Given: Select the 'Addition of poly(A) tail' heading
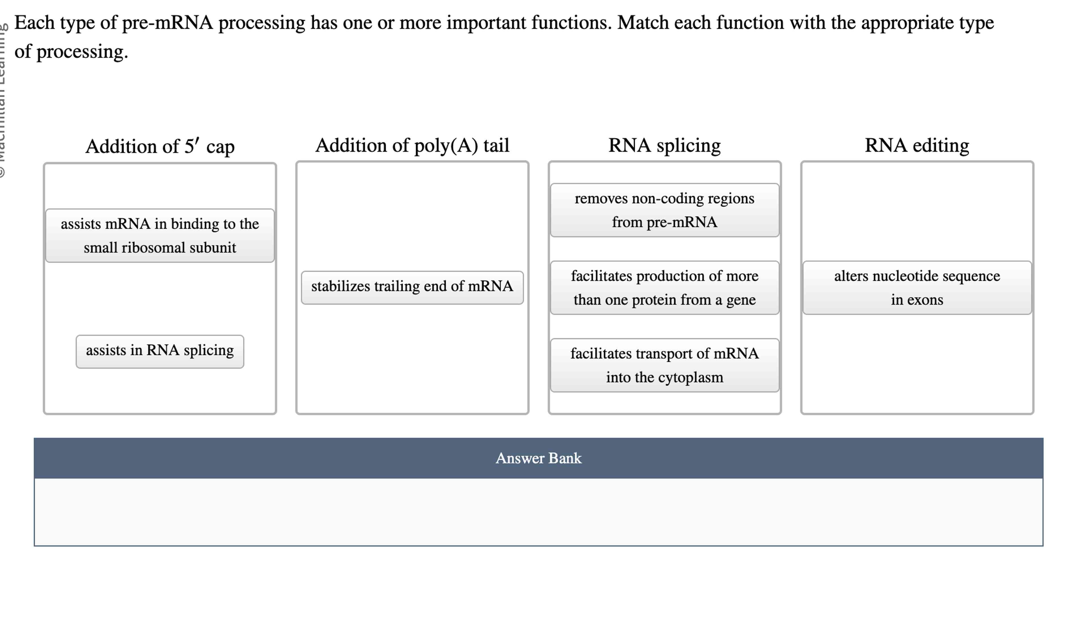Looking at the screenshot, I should click(412, 145).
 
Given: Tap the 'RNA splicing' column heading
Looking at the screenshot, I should click(664, 145).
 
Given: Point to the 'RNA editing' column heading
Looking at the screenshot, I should click(917, 145).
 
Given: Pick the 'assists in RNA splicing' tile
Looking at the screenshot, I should click(160, 351).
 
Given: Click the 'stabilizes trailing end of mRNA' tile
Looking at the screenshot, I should click(412, 287).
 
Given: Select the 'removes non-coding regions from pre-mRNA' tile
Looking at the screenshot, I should click(664, 210).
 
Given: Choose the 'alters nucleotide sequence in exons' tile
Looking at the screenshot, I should click(917, 288).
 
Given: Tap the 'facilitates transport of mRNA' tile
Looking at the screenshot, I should click(664, 365).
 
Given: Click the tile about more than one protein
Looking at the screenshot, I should click(664, 288).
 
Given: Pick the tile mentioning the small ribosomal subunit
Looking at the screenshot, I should click(160, 235).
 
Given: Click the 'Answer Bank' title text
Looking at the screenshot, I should click(538, 458).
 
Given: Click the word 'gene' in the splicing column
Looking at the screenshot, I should click(741, 300).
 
